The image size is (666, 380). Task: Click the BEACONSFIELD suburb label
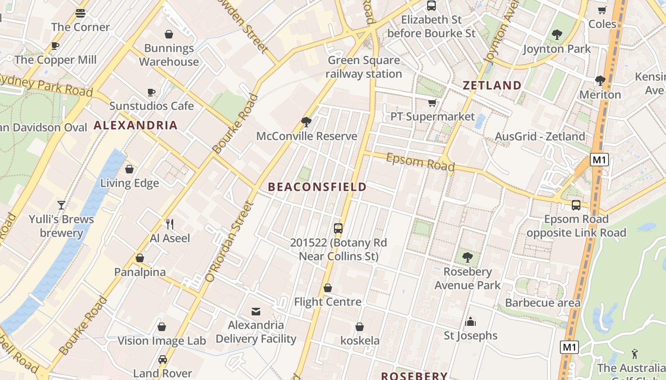pos(317,187)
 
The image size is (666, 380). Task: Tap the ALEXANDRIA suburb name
pos(136,125)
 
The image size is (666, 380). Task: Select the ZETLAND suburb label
pos(492,85)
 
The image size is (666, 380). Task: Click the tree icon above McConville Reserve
pos(306,122)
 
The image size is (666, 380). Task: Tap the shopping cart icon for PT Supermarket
pos(432,103)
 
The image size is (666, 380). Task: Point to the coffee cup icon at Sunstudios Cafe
pos(151,92)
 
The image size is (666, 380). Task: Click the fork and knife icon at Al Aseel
pos(169,224)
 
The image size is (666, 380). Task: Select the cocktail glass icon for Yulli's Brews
pos(61,205)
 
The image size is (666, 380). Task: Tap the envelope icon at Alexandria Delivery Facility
pos(256,312)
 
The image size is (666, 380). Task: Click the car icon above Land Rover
pos(163,360)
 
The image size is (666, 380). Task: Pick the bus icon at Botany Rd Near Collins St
pos(338,228)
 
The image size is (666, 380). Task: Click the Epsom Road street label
pos(420,162)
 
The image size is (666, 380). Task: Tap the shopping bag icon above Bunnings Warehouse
pos(168,34)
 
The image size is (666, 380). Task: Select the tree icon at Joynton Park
pos(557,35)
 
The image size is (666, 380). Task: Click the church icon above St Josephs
pos(470,322)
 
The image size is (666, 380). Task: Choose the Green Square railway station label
pos(364,67)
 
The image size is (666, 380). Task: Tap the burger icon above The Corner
pos(80,13)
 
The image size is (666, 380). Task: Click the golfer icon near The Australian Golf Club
pos(635,354)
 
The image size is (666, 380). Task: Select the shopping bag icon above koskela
pos(360,327)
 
